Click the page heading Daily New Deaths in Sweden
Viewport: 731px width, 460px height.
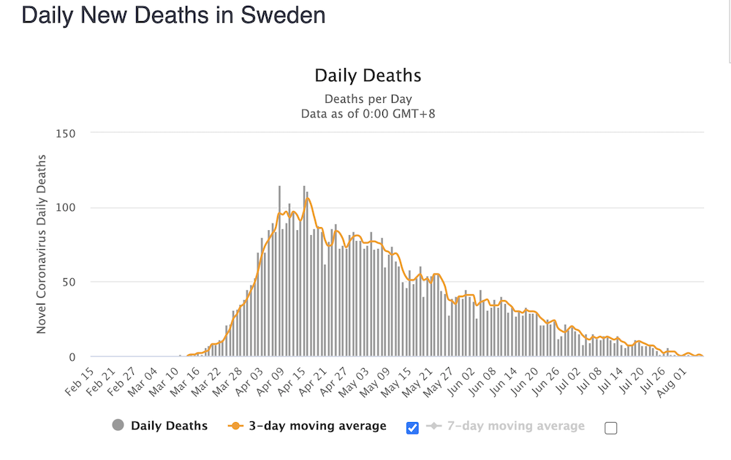pos(173,15)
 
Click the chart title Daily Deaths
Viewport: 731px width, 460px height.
pos(368,75)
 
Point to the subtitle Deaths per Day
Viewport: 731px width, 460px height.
pos(368,99)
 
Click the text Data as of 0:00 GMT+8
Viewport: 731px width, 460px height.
pos(368,113)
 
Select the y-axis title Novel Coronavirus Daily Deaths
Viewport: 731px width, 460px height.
pos(42,244)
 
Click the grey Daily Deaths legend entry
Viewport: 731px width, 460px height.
pos(161,426)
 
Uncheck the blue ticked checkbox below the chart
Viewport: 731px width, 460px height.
pos(412,428)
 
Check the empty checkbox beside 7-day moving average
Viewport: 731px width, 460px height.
pos(610,428)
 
